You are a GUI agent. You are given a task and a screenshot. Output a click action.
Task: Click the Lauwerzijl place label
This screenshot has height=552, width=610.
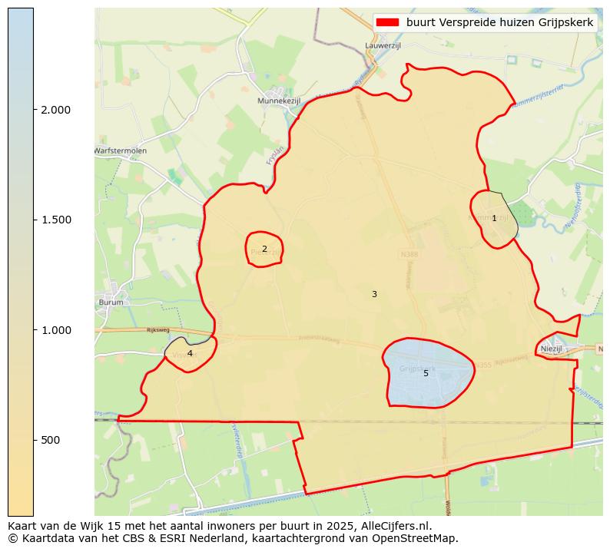[383, 46]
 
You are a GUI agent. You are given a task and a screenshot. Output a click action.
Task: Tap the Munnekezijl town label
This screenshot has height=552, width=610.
[279, 101]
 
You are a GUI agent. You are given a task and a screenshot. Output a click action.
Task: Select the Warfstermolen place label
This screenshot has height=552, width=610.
[121, 150]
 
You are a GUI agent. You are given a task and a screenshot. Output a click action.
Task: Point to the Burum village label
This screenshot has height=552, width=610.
[111, 302]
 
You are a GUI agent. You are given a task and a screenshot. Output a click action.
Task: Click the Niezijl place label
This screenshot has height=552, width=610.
[552, 348]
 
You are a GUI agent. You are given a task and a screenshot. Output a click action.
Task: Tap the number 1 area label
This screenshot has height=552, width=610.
[494, 219]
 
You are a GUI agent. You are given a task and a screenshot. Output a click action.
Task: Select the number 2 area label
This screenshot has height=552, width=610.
[264, 249]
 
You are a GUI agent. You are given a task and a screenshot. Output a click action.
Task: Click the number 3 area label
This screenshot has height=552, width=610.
[374, 294]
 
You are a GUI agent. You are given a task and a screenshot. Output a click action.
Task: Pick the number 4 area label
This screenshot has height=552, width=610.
[190, 353]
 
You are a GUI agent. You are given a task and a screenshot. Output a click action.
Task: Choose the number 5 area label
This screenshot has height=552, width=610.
[426, 373]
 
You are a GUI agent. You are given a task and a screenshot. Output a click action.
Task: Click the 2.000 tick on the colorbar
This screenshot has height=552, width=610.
[55, 110]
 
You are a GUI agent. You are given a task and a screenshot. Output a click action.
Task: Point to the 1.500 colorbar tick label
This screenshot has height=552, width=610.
[55, 220]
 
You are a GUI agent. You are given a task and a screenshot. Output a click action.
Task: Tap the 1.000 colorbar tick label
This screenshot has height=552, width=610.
[55, 330]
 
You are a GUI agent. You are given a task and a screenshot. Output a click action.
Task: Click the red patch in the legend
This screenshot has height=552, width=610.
[389, 23]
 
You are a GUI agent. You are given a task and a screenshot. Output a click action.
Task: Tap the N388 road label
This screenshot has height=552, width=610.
[409, 253]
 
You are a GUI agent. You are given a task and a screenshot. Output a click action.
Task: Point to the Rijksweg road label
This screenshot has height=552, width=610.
[157, 330]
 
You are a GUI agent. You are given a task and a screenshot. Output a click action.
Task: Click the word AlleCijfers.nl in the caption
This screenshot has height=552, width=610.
[394, 527]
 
